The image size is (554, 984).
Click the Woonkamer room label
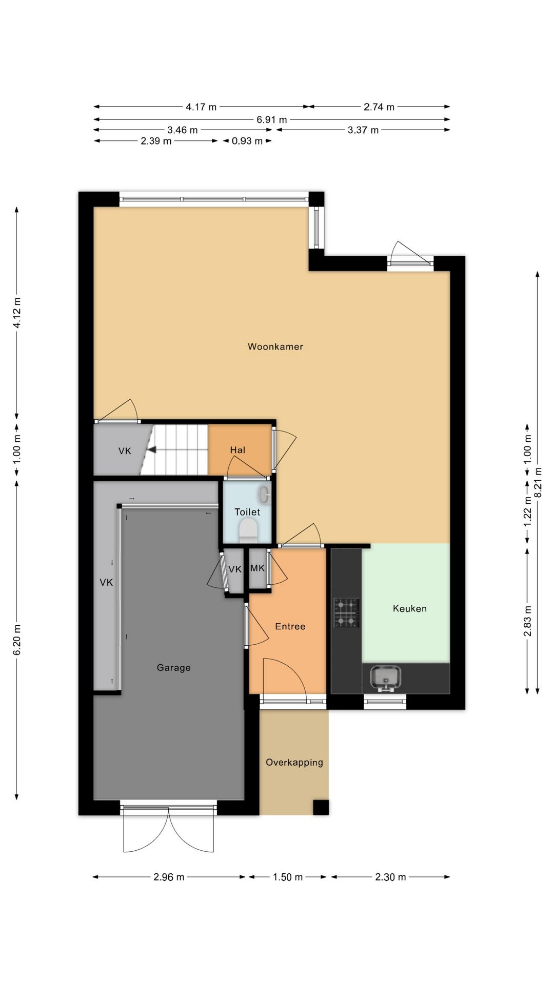tap(275, 346)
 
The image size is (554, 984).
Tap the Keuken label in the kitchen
tap(409, 608)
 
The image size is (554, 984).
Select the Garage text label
tap(173, 668)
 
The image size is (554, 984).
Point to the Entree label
tap(290, 626)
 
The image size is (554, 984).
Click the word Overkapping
tap(294, 763)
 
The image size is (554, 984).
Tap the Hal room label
tap(238, 450)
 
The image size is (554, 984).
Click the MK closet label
tap(258, 568)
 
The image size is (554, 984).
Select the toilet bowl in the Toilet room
tap(248, 530)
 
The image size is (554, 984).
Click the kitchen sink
tap(385, 679)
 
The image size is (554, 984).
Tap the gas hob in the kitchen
tap(346, 613)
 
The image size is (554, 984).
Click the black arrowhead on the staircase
tap(151, 450)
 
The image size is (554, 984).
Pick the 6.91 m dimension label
tap(272, 120)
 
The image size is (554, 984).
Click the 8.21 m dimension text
tap(538, 482)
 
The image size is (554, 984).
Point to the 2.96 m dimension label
tap(169, 877)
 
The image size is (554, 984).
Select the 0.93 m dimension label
tap(247, 141)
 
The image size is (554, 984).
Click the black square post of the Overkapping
tap(321, 807)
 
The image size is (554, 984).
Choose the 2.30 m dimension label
tap(390, 877)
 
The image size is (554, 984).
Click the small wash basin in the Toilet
tap(264, 495)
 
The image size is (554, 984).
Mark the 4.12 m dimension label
tap(17, 313)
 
